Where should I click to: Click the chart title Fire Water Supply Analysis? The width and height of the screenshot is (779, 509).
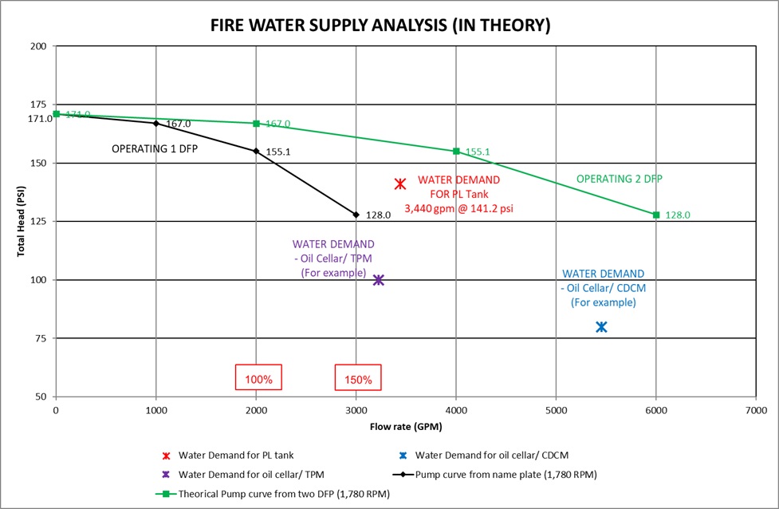tap(380, 25)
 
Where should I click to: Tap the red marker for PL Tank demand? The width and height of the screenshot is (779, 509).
tap(400, 184)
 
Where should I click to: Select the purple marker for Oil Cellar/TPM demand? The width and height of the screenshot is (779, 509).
tap(379, 280)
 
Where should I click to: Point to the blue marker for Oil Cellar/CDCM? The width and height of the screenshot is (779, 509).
tap(601, 327)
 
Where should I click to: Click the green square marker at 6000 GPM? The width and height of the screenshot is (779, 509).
tap(656, 215)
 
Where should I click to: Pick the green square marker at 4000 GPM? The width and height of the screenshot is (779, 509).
tap(456, 151)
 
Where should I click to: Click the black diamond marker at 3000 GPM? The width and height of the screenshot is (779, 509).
tap(356, 215)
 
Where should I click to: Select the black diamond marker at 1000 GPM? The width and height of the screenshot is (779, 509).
tap(155, 123)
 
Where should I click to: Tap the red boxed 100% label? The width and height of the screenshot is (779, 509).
tap(258, 379)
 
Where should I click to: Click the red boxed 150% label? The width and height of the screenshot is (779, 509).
tap(359, 379)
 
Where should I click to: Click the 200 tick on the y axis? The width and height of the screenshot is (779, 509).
tap(38, 46)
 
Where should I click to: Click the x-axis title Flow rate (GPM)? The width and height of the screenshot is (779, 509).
tap(405, 427)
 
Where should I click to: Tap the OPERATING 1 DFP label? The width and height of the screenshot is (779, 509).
tap(154, 148)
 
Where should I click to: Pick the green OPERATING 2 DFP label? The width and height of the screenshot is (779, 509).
tap(619, 179)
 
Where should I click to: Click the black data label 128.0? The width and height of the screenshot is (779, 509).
tap(377, 215)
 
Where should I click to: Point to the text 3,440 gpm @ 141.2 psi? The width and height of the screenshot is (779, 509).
tap(459, 207)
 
